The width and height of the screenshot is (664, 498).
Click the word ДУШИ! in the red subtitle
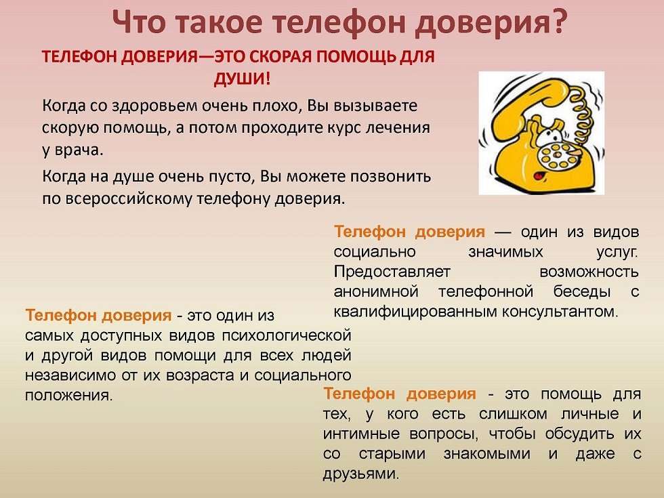click(242, 79)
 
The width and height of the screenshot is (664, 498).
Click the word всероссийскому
click(129, 199)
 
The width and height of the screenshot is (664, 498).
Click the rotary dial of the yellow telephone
click(556, 157)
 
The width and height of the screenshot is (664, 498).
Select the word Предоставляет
click(392, 272)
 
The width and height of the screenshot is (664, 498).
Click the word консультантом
click(560, 312)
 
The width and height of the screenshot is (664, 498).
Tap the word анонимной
click(376, 292)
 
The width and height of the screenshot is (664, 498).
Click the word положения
click(69, 395)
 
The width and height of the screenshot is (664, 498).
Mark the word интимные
click(361, 434)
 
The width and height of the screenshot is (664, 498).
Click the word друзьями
click(361, 474)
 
